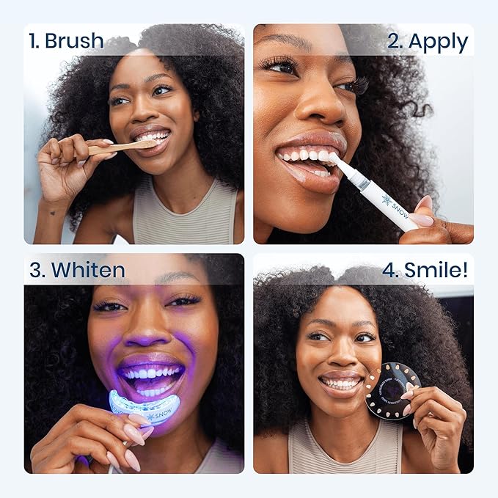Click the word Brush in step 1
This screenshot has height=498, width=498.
(x=74, y=41)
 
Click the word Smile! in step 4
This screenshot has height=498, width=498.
(x=433, y=270)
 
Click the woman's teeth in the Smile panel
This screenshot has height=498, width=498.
(x=341, y=384)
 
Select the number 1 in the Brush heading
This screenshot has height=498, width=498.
(x=33, y=41)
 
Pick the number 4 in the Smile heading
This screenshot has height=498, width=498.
(x=389, y=270)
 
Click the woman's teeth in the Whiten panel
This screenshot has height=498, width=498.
(x=153, y=373)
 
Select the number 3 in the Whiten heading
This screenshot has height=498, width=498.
(x=35, y=270)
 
